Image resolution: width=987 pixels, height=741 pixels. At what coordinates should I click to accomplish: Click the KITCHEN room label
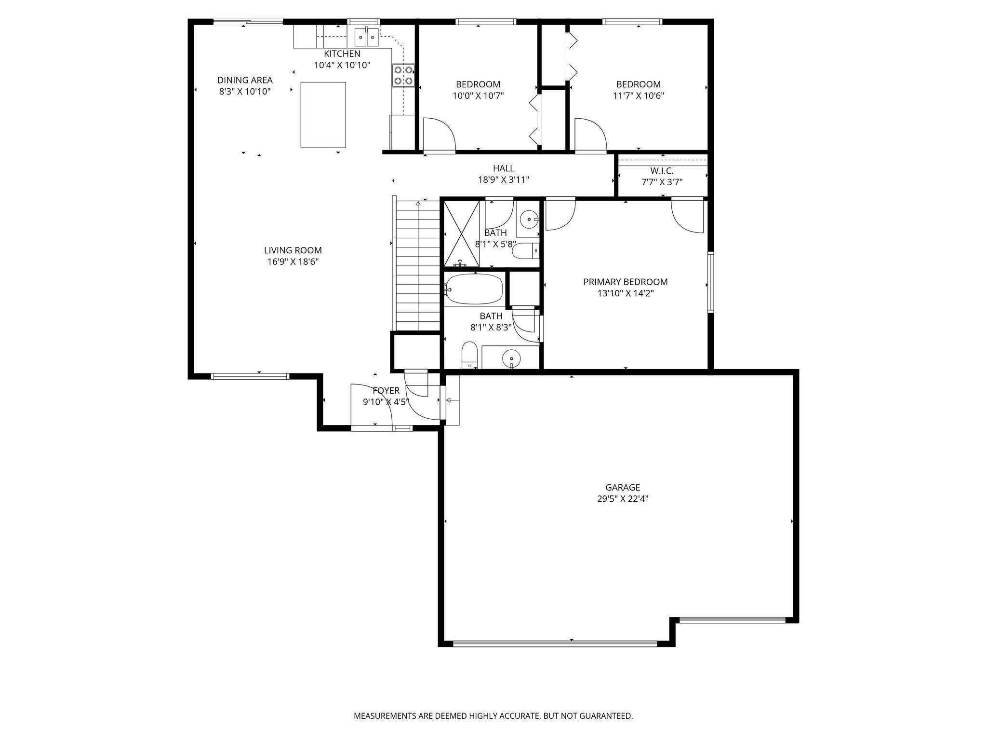[x=342, y=54]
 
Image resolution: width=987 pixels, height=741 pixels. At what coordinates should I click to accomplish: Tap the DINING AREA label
[x=245, y=80]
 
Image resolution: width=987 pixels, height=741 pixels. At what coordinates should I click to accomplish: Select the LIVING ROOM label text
[x=293, y=250]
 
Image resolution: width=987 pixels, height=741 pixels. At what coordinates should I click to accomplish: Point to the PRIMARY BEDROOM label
[x=626, y=282]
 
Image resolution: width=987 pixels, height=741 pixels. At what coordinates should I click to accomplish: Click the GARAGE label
[x=623, y=488]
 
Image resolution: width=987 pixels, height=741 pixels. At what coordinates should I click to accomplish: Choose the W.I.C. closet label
[x=662, y=171]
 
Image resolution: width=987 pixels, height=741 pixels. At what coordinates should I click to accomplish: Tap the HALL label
[x=504, y=168]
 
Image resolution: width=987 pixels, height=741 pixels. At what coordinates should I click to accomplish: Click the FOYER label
[x=386, y=391]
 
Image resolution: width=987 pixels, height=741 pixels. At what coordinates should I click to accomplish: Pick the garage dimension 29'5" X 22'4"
[x=623, y=499]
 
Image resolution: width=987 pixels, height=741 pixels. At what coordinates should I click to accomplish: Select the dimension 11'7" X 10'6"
[x=639, y=96]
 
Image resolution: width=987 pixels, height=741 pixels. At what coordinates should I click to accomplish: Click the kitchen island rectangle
[x=323, y=115]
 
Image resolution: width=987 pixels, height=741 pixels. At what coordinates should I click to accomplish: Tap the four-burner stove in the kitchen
[x=403, y=75]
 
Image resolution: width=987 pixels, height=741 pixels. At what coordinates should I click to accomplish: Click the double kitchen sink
[x=367, y=36]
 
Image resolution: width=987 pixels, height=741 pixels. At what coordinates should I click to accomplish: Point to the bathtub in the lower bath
[x=474, y=289]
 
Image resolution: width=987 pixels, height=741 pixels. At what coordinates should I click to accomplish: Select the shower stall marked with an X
[x=462, y=233]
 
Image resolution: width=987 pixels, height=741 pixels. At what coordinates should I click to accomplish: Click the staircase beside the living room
[x=417, y=265]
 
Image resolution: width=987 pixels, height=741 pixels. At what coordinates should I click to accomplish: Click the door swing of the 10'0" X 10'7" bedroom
[x=439, y=135]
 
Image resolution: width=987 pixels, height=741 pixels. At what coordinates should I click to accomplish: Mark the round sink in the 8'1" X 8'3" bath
[x=511, y=358]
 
